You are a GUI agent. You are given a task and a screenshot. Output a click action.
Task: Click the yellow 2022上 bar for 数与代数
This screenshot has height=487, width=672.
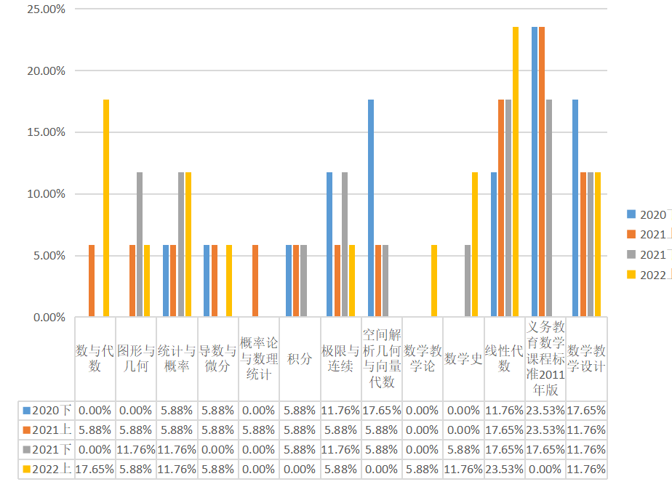click(106, 209)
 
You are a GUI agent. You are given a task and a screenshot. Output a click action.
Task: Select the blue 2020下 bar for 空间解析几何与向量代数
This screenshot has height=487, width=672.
click(371, 209)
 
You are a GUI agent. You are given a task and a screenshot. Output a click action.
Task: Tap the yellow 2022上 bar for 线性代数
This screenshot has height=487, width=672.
click(516, 172)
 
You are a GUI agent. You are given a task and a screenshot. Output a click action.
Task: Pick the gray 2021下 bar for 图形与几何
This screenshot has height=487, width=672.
click(140, 245)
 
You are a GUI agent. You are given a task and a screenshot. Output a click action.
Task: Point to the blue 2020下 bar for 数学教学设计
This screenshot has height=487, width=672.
click(575, 209)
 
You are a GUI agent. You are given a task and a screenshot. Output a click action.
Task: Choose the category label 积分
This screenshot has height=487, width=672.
click(300, 358)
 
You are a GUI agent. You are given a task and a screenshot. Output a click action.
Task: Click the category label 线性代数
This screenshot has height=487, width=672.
click(505, 358)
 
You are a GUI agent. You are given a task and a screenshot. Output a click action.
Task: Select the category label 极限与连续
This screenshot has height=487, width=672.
click(340, 358)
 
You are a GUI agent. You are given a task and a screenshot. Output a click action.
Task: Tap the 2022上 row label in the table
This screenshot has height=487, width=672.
click(47, 470)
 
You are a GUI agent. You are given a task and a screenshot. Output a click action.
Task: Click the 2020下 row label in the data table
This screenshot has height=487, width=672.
click(47, 410)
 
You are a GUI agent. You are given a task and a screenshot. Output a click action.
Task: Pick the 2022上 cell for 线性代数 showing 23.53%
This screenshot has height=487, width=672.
click(505, 470)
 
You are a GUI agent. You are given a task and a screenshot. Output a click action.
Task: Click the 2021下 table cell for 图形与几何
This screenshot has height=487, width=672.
click(136, 449)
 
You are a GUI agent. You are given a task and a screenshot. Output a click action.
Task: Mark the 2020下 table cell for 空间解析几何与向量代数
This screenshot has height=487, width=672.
click(382, 410)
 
